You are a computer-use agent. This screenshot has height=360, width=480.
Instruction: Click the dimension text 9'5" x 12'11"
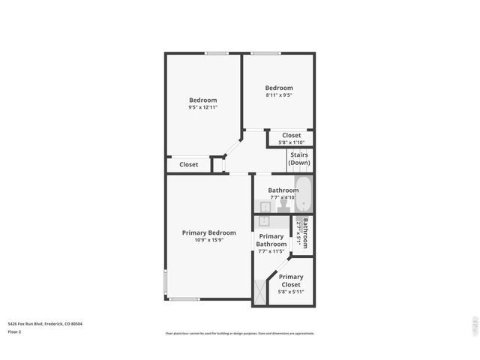tap(202, 108)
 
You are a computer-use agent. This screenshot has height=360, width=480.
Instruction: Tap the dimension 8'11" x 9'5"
tap(279, 95)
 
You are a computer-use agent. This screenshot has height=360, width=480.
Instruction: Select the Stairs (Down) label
tap(299, 159)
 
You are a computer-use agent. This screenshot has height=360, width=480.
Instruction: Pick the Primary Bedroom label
tap(208, 232)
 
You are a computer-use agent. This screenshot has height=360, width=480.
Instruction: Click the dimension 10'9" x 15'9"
tap(208, 241)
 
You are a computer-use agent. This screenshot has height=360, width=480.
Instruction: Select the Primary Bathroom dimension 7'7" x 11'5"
tap(271, 251)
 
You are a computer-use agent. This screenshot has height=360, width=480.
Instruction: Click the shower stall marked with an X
tap(259, 292)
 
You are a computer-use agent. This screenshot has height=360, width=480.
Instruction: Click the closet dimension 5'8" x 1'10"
tap(291, 142)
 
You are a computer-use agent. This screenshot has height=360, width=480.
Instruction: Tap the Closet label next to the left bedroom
tap(189, 164)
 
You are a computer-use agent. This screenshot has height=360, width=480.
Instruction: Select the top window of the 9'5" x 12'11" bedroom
tap(217, 53)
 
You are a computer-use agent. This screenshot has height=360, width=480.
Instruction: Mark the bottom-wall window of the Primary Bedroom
tap(183, 299)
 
